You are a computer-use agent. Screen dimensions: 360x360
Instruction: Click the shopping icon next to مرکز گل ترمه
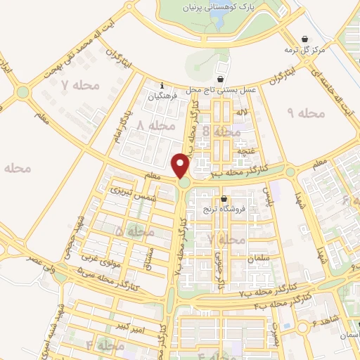304,39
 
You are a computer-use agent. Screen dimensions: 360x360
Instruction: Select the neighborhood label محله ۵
135,231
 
